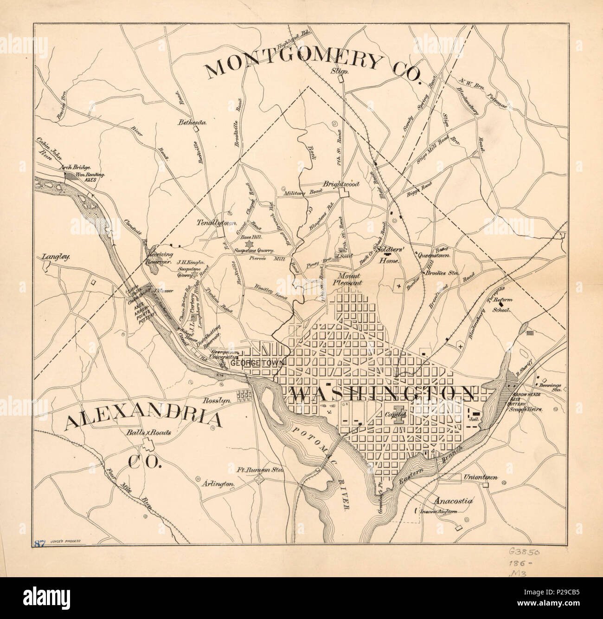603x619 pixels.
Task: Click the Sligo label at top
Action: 340,71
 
